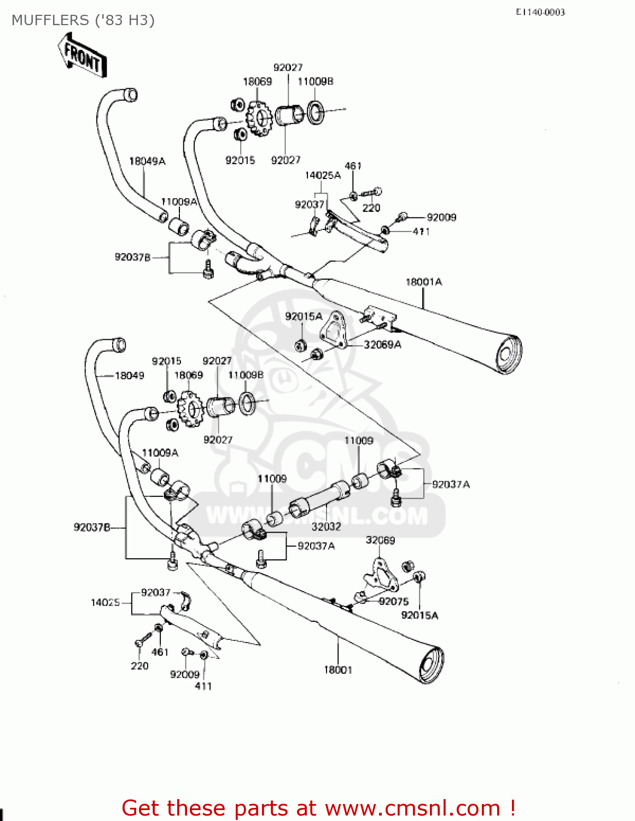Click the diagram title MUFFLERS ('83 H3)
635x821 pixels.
(x=83, y=20)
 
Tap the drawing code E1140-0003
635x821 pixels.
(x=540, y=12)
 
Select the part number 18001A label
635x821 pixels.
(x=423, y=282)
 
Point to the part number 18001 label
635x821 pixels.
(x=338, y=669)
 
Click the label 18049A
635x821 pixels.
(x=147, y=161)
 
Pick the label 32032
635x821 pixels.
(x=326, y=527)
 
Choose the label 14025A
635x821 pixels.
(x=323, y=175)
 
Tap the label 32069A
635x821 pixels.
(x=382, y=344)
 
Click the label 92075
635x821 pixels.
(x=394, y=601)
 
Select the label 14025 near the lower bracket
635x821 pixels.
(x=105, y=602)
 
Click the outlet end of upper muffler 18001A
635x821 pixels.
(x=508, y=353)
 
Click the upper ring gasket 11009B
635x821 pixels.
(x=315, y=112)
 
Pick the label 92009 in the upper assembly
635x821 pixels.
(x=441, y=217)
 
